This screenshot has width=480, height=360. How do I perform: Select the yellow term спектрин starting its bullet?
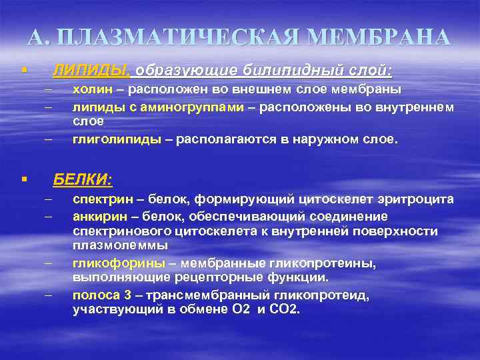pos(99,199)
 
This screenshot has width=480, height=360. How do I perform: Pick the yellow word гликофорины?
pos(109,263)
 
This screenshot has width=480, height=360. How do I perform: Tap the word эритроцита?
pos(424,199)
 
